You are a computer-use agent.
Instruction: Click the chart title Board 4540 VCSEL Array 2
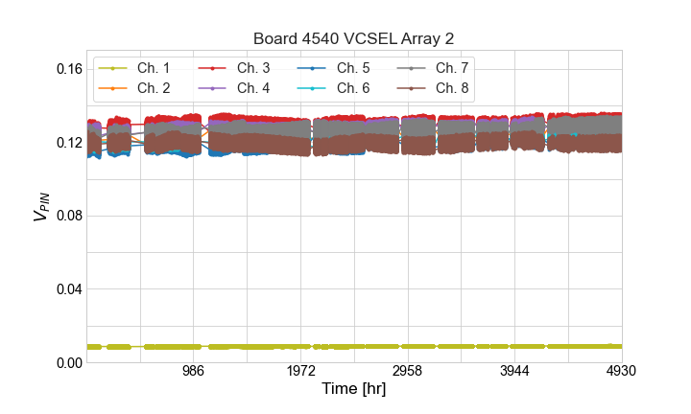point(353,38)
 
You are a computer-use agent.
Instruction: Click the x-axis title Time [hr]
point(353,390)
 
